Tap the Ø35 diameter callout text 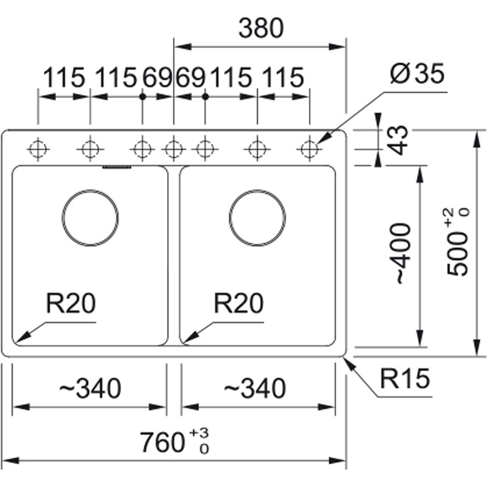click(417, 75)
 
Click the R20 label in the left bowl click(71, 303)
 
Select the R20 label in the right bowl click(239, 303)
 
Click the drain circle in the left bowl click(90, 217)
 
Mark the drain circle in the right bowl click(258, 217)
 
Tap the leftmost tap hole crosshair click(38, 148)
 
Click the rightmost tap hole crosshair click(310, 148)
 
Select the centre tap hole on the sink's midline click(174, 148)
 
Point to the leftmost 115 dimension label click(63, 78)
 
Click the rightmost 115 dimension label click(282, 78)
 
